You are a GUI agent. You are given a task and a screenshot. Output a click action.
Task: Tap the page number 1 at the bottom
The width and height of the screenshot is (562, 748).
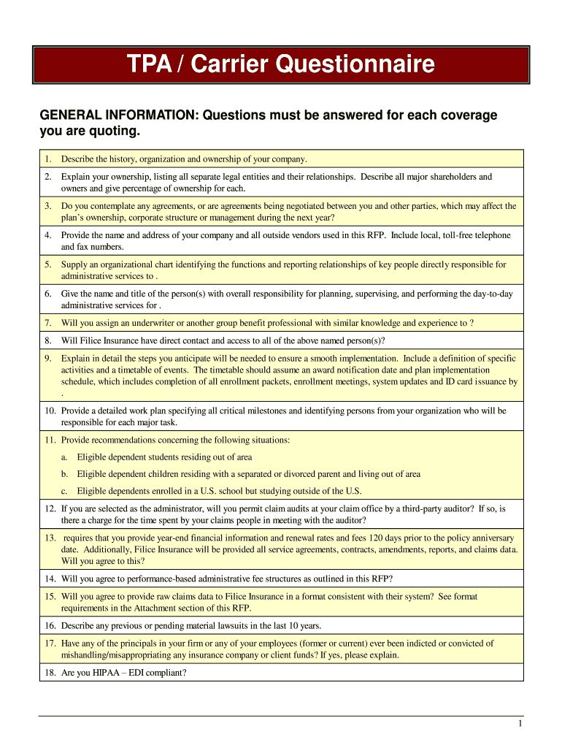coord(520,723)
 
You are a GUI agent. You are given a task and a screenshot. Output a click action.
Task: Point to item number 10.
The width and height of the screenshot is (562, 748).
coord(50,411)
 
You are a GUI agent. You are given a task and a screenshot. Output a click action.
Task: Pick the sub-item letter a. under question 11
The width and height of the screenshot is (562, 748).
coord(65,457)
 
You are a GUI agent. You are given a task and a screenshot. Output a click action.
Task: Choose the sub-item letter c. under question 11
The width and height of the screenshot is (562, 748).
coord(65,491)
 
